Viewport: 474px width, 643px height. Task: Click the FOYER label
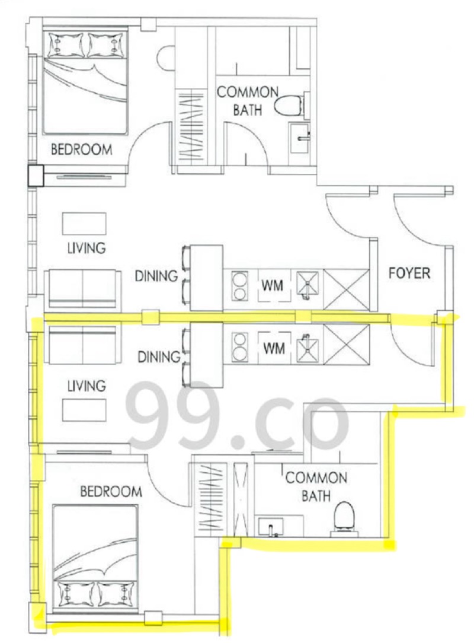pos(409,273)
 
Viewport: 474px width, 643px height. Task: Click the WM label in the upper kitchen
pos(273,285)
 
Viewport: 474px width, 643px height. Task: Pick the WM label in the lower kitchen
pos(274,349)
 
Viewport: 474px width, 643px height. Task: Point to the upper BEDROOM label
pos(82,149)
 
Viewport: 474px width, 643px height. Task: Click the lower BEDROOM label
pos(111,491)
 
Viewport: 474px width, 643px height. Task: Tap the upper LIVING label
pos(87,248)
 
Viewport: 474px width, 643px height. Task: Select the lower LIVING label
pos(87,386)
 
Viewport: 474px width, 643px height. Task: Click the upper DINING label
pos(157,276)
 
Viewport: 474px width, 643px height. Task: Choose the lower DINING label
pos(159,356)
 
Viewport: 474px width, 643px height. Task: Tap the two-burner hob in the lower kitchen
pos(240,348)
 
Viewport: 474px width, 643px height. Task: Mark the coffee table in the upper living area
pos(84,224)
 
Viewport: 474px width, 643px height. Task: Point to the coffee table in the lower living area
pos(84,410)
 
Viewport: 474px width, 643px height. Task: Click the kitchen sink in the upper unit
pos(306,285)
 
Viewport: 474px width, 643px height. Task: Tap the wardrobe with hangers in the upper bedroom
pos(192,129)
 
